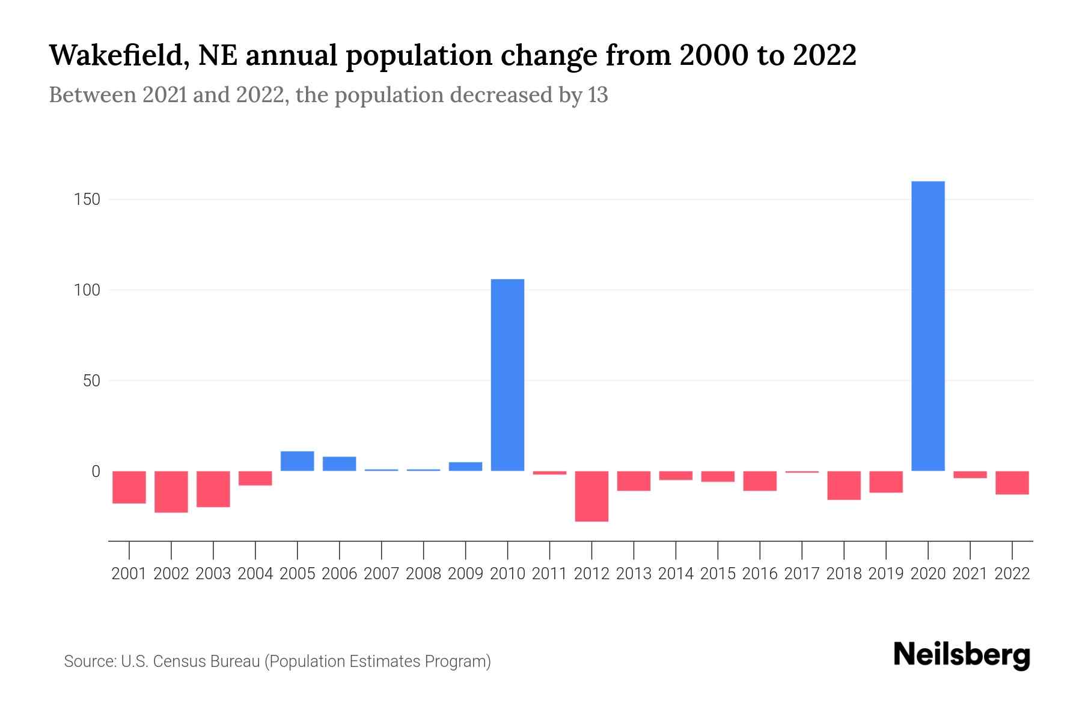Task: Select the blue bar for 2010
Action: point(507,375)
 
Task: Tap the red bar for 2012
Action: point(591,496)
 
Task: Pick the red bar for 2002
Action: point(171,491)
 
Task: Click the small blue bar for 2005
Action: point(297,461)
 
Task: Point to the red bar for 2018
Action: point(843,485)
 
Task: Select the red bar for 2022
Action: point(1012,482)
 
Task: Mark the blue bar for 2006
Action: point(339,464)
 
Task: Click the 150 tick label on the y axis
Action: point(87,199)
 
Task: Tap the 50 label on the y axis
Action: point(91,381)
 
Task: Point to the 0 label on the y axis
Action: point(95,472)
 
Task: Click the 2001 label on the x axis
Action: point(129,574)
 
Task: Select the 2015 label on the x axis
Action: point(718,574)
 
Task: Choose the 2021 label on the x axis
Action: point(970,574)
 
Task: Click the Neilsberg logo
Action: point(962,656)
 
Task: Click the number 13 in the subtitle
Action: point(598,95)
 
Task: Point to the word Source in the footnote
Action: point(89,662)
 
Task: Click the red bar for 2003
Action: point(213,489)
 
